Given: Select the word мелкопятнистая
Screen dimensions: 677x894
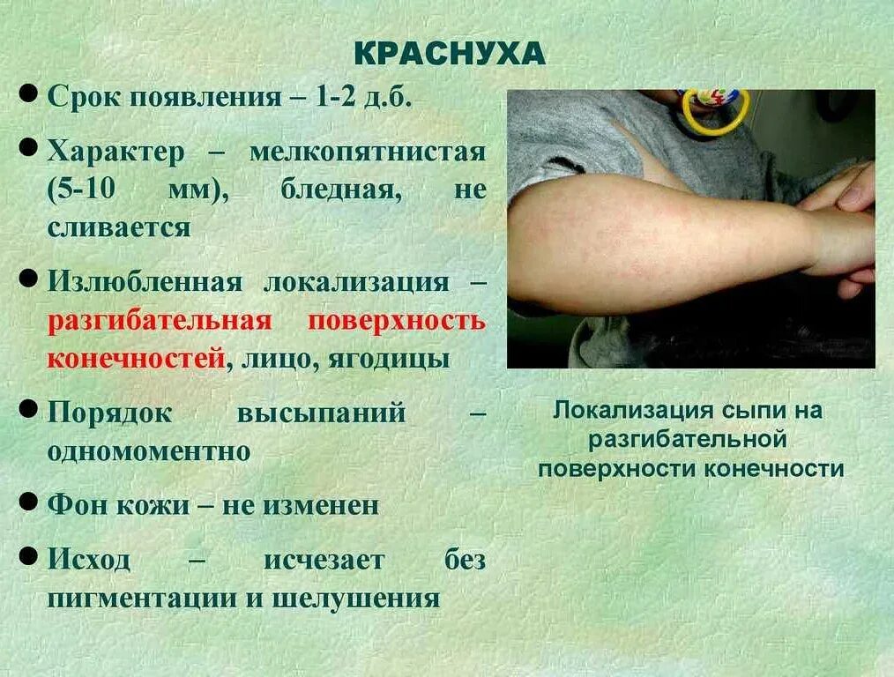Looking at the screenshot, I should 367,152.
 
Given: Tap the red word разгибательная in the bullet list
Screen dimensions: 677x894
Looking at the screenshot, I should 159,320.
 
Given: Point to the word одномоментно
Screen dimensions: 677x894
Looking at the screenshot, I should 149,451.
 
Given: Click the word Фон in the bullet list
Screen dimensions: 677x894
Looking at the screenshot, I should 76,505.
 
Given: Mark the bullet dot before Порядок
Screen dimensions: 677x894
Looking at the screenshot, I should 28,409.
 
